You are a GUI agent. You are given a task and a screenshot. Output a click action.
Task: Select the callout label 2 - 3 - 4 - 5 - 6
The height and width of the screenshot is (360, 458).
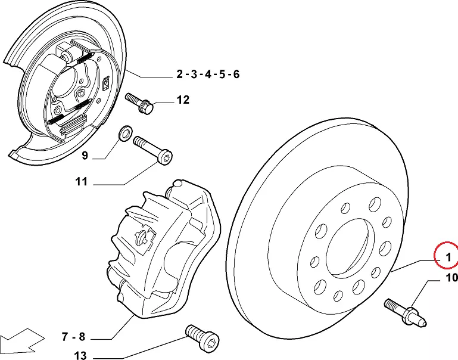coord(208,75)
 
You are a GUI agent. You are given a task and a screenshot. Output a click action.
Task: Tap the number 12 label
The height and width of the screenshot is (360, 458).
coord(183,100)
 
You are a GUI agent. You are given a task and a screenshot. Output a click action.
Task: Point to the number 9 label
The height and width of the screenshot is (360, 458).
coord(85,156)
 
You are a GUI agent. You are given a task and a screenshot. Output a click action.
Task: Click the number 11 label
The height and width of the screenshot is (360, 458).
coord(81,182)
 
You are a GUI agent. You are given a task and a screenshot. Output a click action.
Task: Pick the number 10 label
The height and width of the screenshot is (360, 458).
coord(451,278)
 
